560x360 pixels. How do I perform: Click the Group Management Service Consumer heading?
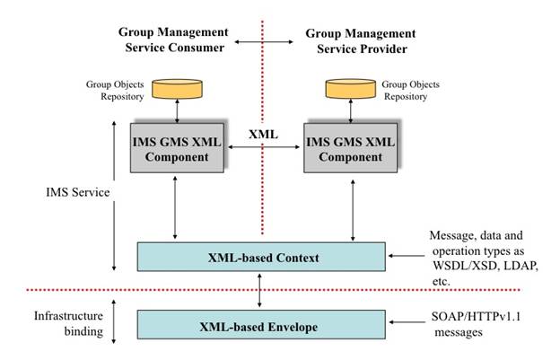[x=171, y=40]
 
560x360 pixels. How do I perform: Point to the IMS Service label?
[x=77, y=191]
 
